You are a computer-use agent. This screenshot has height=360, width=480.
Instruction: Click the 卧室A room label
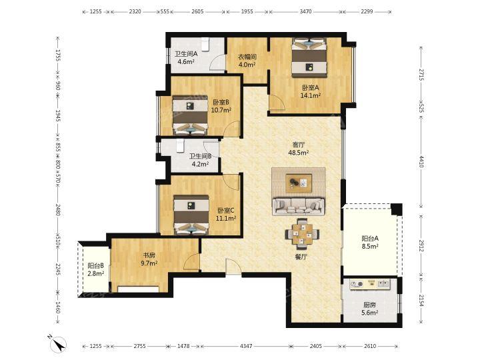click(x=311, y=87)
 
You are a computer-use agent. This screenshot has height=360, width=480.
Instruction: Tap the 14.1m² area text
click(x=311, y=95)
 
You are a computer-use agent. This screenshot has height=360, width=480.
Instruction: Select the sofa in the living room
click(x=299, y=207)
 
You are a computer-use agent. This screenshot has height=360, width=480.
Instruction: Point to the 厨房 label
click(x=369, y=305)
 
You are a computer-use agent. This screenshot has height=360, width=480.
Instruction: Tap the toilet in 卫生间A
click(x=205, y=44)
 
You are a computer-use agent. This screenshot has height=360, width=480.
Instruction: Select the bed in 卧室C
click(x=191, y=215)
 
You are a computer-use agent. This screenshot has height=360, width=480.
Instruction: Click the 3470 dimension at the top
click(x=305, y=11)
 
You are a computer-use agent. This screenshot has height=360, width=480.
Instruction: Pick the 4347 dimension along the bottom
click(x=246, y=346)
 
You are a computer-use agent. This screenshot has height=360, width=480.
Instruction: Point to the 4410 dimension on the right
click(x=421, y=161)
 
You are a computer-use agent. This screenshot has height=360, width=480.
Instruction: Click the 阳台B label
click(x=96, y=266)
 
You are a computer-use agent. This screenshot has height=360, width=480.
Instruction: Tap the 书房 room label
click(x=149, y=255)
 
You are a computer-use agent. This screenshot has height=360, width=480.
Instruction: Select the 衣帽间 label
click(x=247, y=57)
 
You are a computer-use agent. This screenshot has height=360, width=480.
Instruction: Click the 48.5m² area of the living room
click(x=299, y=153)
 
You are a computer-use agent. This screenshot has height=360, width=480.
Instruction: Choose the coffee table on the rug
click(x=299, y=183)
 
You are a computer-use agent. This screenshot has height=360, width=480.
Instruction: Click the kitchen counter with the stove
click(x=370, y=284)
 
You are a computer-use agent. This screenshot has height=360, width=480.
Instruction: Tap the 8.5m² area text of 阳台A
click(x=370, y=246)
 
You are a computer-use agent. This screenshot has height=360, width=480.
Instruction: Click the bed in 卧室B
click(x=191, y=115)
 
